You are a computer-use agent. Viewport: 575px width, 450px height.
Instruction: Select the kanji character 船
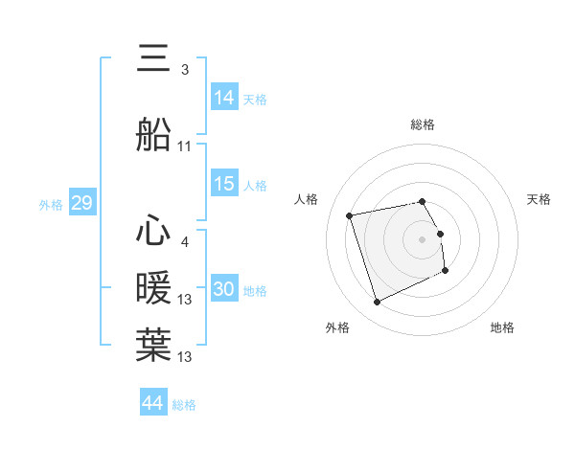pyautogui.click(x=154, y=134)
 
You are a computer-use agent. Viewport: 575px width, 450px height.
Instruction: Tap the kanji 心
pyautogui.click(x=154, y=230)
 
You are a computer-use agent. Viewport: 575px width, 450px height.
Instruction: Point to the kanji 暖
pyautogui.click(x=154, y=287)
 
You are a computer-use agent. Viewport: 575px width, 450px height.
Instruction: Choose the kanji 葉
pyautogui.click(x=154, y=344)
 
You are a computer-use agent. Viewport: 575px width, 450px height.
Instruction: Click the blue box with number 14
pyautogui.click(x=224, y=97)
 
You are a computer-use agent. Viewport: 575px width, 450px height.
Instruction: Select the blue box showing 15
pyautogui.click(x=224, y=184)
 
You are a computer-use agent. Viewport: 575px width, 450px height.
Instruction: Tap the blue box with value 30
pyautogui.click(x=224, y=289)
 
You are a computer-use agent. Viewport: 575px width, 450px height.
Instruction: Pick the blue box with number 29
pyautogui.click(x=81, y=203)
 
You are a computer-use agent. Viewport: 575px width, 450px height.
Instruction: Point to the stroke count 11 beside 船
pyautogui.click(x=185, y=146)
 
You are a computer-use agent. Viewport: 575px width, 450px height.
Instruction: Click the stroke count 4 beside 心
pyautogui.click(x=185, y=242)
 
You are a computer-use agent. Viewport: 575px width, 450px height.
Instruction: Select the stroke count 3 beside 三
pyautogui.click(x=185, y=70)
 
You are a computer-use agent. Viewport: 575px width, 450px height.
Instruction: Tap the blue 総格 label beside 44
pyautogui.click(x=184, y=405)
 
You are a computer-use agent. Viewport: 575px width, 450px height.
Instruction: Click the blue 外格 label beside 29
pyautogui.click(x=51, y=205)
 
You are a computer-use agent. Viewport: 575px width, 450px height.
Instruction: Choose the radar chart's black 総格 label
pyautogui.click(x=422, y=124)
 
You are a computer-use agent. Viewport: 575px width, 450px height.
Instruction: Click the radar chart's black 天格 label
pyautogui.click(x=540, y=199)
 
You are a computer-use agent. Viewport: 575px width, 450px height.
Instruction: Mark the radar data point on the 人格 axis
pyautogui.click(x=350, y=214)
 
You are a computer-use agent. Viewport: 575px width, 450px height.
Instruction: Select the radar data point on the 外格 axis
pyautogui.click(x=377, y=303)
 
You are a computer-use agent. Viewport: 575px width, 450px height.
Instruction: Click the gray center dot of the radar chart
pyautogui.click(x=422, y=238)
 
